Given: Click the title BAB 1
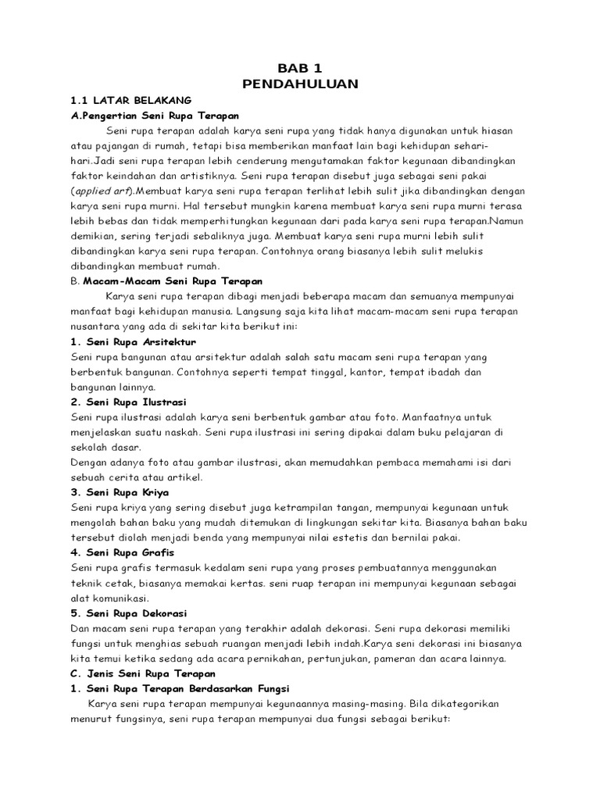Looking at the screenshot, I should (300, 68).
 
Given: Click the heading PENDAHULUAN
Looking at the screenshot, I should (300, 84).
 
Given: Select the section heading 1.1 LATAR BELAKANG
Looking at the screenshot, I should (130, 101).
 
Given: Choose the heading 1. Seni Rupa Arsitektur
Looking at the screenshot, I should (133, 342).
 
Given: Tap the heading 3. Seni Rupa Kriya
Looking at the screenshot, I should (119, 492).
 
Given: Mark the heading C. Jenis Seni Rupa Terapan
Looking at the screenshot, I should (143, 673).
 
